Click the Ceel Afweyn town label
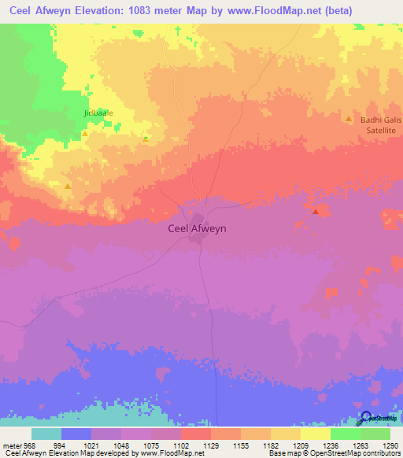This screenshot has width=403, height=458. (198, 228)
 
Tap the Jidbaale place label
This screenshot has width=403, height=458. (98, 113)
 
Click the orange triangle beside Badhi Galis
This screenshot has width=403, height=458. (349, 119)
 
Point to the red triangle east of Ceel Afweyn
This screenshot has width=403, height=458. (316, 211)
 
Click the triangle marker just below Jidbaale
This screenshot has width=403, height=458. (85, 134)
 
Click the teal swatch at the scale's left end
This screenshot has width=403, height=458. (46, 434)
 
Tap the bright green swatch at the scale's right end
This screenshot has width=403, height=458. (375, 434)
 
